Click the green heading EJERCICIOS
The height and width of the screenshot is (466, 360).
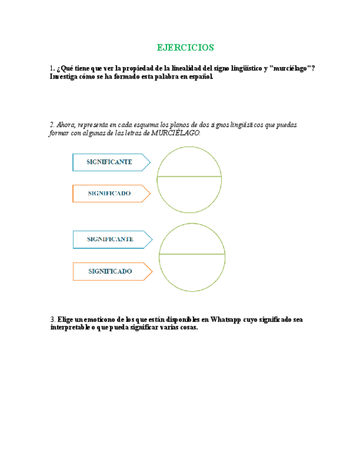[185, 47]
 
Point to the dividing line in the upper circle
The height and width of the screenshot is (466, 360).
[190, 177]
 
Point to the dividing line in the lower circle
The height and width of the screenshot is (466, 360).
[192, 254]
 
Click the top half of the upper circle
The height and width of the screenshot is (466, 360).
[190, 162]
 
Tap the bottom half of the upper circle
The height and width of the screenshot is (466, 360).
[190, 194]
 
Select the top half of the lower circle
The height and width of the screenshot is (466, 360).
[192, 240]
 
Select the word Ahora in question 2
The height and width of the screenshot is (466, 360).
[67, 125]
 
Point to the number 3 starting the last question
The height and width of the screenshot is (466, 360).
[52, 319]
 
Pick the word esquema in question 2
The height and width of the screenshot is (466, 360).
[148, 125]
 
